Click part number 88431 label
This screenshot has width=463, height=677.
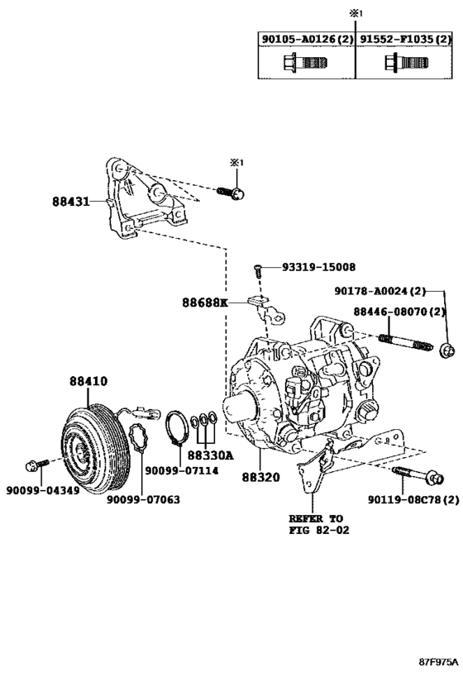(71, 201)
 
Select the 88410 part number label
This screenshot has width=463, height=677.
(88, 381)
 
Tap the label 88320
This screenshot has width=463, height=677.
(260, 477)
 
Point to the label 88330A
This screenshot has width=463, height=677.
(210, 455)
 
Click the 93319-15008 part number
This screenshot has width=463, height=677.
(319, 267)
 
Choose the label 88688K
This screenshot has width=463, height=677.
(204, 303)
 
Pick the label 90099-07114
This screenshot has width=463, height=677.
(181, 470)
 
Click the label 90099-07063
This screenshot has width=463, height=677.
(143, 499)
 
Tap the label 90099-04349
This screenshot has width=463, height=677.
(43, 490)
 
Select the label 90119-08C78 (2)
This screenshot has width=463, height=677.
(413, 500)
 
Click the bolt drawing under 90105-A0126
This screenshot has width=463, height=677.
(305, 63)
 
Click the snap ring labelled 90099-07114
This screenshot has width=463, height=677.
(177, 429)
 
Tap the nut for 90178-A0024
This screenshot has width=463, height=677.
(447, 350)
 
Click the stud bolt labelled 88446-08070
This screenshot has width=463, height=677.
(405, 342)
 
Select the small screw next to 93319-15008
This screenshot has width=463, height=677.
(256, 270)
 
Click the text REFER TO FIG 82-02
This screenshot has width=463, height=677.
(319, 524)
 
